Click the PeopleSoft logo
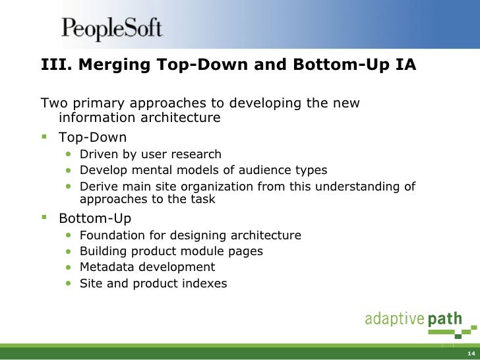click(x=111, y=29)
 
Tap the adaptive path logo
click(x=413, y=320)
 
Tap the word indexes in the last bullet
click(x=204, y=284)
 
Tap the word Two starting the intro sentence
click(x=53, y=104)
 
